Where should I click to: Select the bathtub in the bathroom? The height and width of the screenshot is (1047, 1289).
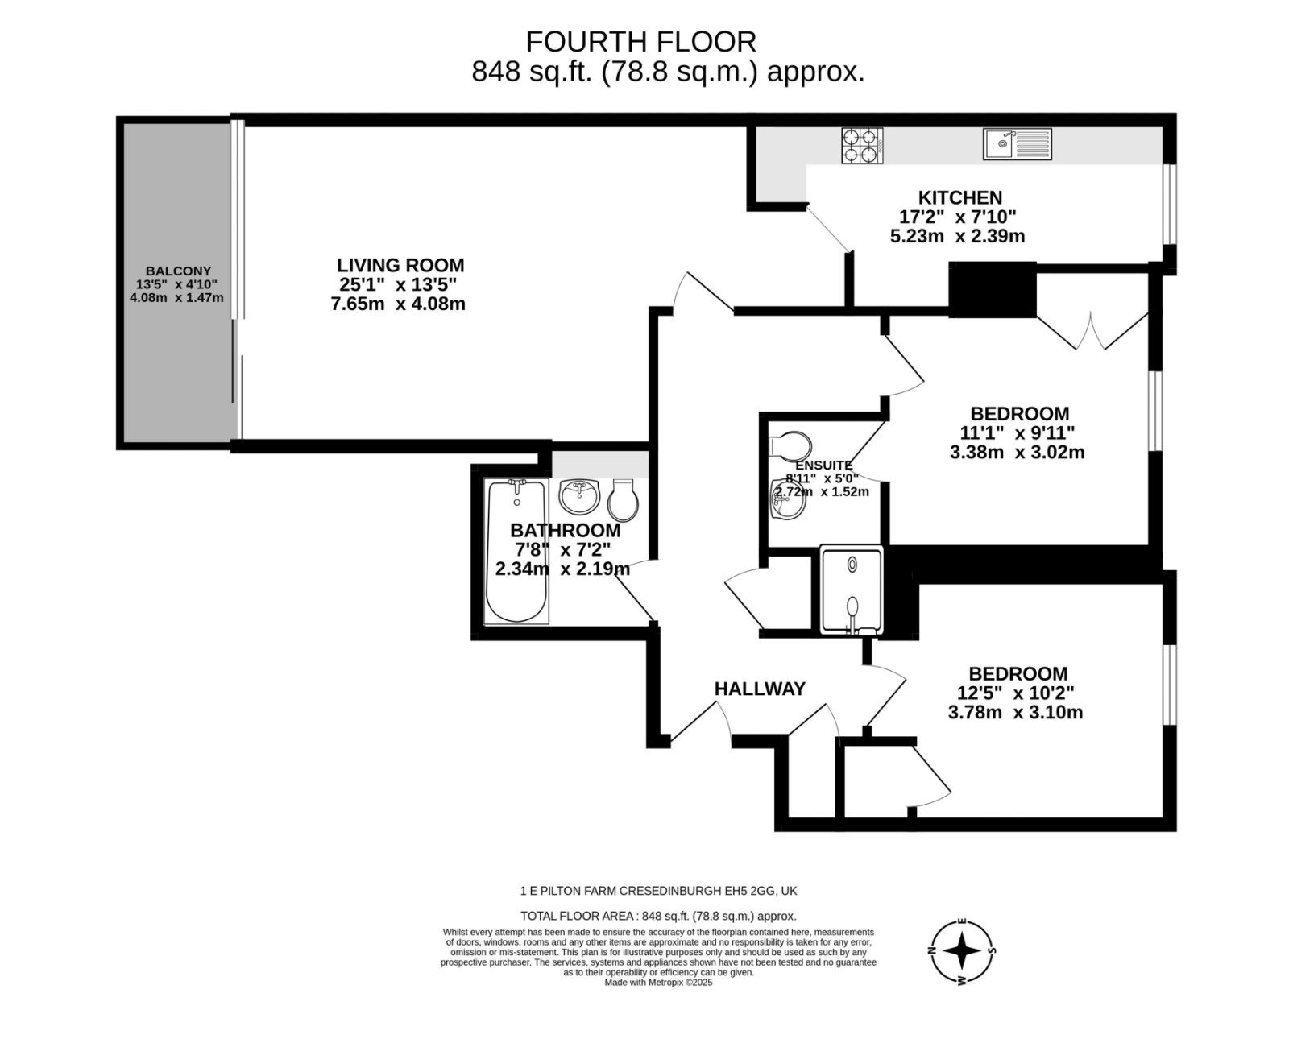[517, 552]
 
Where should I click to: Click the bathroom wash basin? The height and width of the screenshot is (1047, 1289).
[579, 496]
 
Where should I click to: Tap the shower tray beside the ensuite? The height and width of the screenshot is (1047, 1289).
[852, 590]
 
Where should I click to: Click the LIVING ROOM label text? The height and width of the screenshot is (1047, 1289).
[400, 265]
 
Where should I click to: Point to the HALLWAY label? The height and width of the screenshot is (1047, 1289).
[760, 689]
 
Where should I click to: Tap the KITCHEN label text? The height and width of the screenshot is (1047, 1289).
[960, 197]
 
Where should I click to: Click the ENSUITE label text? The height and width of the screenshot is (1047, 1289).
[823, 466]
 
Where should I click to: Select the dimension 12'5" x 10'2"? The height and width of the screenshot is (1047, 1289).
[1016, 693]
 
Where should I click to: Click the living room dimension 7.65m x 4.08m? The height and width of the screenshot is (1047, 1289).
[398, 304]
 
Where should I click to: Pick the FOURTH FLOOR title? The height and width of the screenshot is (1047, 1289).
[641, 41]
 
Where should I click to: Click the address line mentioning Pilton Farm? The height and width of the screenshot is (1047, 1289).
[658, 891]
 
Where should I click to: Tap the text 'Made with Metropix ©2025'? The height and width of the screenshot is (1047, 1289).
[658, 982]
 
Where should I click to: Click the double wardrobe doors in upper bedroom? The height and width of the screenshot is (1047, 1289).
[1092, 330]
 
